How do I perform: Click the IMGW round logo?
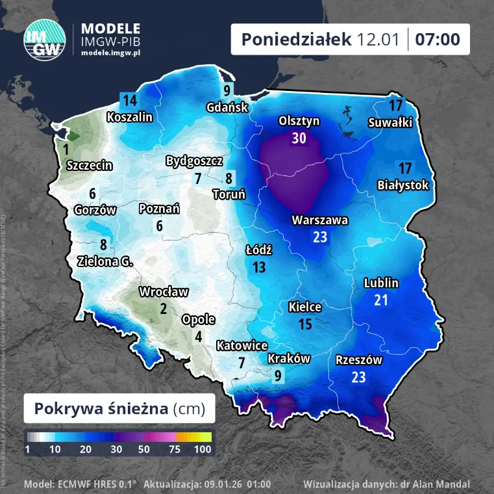point(44,40)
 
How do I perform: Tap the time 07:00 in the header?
point(438,40)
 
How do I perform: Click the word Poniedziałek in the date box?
point(297,40)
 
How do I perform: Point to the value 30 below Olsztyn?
point(299,138)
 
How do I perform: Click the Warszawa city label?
point(319,220)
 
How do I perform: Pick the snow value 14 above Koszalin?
point(130,100)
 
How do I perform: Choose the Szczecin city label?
point(90,165)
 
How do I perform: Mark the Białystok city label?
point(403,185)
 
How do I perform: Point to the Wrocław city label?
point(164,292)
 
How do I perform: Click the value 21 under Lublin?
point(381,300)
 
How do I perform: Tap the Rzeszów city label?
point(358,360)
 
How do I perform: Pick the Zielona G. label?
point(103,261)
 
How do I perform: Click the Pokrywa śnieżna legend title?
point(119,408)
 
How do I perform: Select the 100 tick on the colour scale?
point(203,449)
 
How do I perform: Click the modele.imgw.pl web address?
point(111,51)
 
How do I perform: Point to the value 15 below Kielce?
point(305,324)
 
